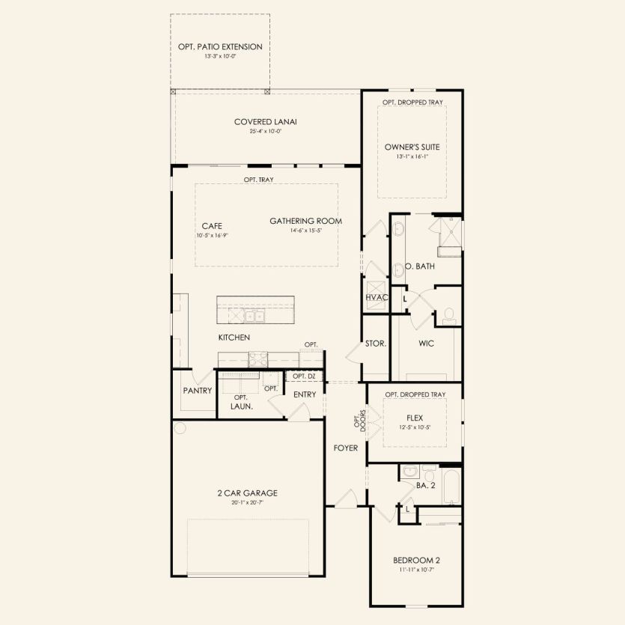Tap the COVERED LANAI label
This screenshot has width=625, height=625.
[260, 122]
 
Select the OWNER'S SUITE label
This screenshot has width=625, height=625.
[412, 147]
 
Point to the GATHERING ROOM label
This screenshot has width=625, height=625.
[305, 221]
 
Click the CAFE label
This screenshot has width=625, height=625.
[212, 225]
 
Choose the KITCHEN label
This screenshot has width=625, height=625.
[234, 338]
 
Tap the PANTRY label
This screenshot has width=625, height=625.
[198, 391]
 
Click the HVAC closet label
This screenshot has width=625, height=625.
[376, 297]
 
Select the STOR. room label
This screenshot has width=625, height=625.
[376, 344]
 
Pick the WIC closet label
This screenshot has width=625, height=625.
[426, 344]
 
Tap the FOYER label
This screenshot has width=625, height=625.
[346, 448]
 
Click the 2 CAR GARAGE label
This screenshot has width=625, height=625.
[247, 493]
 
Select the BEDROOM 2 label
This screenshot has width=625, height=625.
[416, 560]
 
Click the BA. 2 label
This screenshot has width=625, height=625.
[425, 485]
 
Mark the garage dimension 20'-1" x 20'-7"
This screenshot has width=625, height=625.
[247, 502]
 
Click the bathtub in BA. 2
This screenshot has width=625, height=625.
[452, 487]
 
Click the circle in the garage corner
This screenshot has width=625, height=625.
[180, 428]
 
